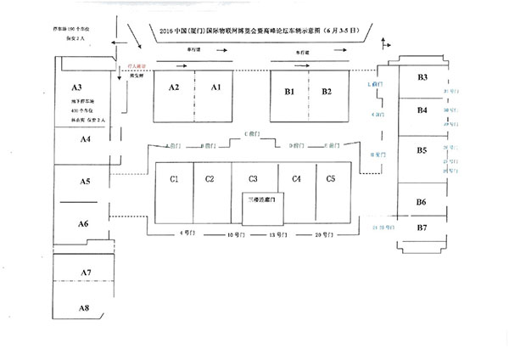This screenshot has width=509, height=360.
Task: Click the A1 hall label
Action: (x=215, y=87)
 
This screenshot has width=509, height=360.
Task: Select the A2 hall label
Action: (x=174, y=87)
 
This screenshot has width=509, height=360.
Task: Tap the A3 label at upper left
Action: (x=76, y=87)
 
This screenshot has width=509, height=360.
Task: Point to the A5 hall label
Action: (x=85, y=181)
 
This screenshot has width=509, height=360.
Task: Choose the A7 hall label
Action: (x=85, y=271)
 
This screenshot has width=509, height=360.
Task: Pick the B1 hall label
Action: (x=288, y=91)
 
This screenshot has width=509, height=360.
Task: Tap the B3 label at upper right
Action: (x=422, y=78)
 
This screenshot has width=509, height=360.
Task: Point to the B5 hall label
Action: (x=422, y=150)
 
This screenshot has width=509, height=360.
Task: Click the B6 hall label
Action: (x=422, y=201)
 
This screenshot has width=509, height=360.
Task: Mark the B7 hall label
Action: (x=422, y=228)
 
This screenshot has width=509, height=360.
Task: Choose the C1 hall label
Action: (x=174, y=178)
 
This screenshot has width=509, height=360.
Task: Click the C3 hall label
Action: (x=253, y=178)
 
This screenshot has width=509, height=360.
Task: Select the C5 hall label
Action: (x=331, y=178)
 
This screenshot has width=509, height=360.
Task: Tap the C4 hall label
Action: (x=296, y=178)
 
